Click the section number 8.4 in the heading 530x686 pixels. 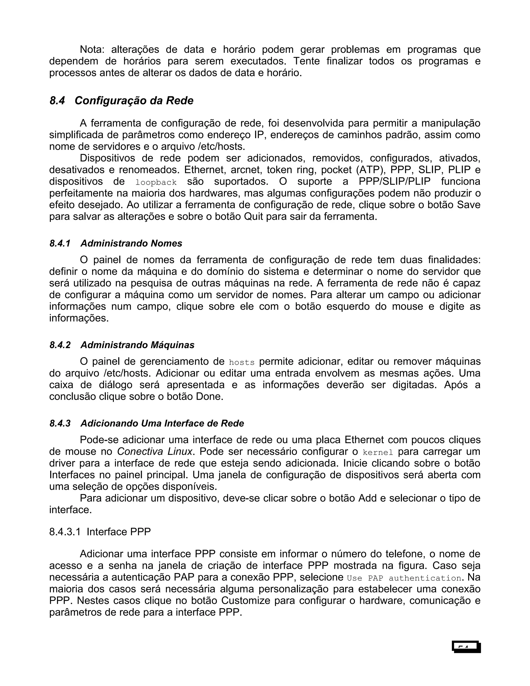pos(57,100)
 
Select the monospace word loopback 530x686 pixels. pos(156,182)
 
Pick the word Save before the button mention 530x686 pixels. pos(468,205)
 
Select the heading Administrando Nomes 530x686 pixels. pos(131,243)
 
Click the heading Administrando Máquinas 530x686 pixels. pos(137,345)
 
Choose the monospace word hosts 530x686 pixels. pos(241,362)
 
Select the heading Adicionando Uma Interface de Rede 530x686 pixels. pos(162,424)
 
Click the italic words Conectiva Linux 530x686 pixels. pos(154,451)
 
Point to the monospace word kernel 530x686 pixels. pos(378,453)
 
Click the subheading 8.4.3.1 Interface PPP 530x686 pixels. pos(100,531)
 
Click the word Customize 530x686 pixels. pos(246,601)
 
